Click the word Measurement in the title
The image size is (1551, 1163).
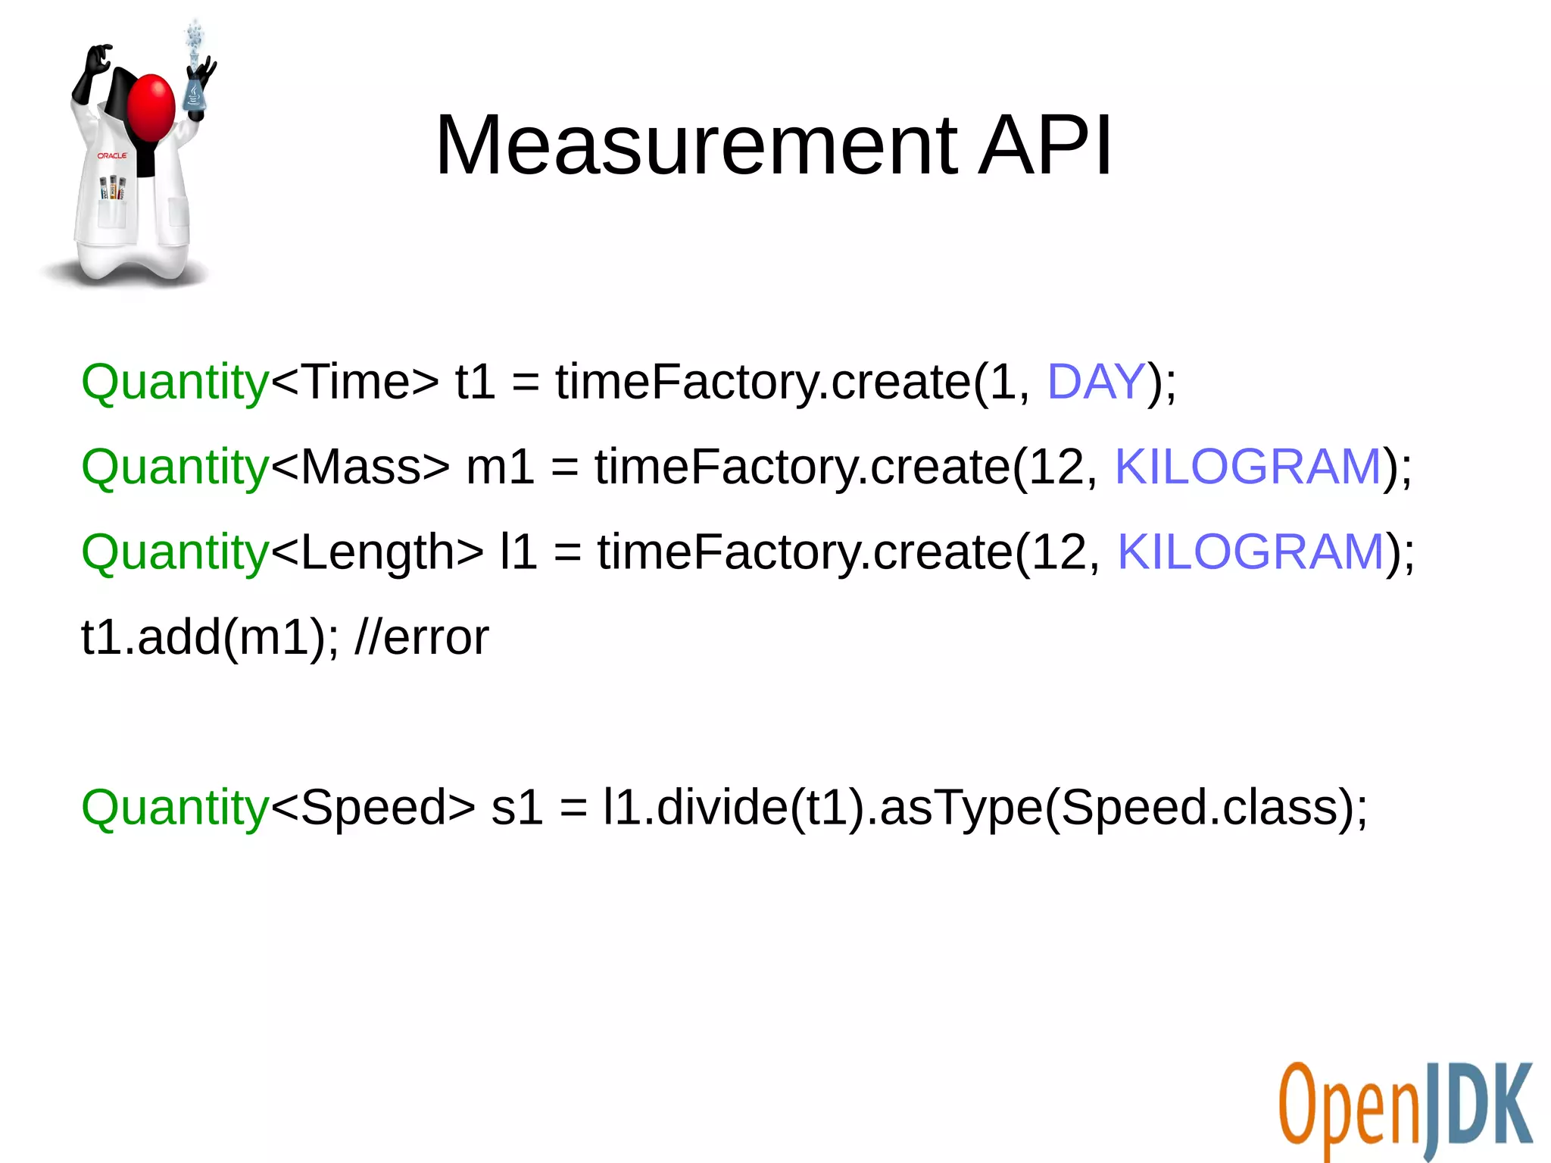[697, 145]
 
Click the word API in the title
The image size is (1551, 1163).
[1045, 145]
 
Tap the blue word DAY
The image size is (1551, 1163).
[1095, 381]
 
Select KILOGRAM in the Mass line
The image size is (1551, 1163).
[1248, 466]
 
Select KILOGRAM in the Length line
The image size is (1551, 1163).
[1251, 552]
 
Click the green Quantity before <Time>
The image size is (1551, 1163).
[175, 383]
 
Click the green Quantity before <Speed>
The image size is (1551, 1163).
[175, 808]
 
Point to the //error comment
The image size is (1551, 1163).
[421, 637]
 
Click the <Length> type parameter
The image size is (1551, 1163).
[376, 552]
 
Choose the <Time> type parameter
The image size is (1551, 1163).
[354, 382]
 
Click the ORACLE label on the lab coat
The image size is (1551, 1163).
[112, 155]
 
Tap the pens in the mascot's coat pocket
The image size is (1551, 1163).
[113, 187]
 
